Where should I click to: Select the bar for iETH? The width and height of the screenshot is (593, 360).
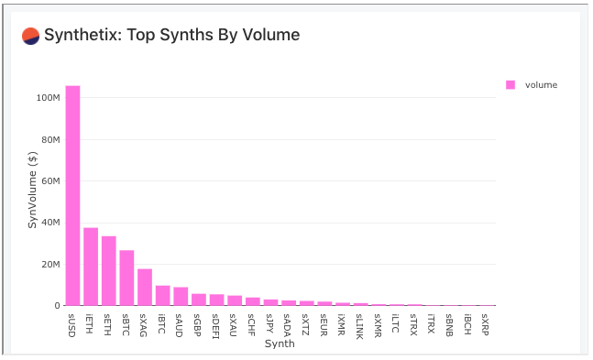91,267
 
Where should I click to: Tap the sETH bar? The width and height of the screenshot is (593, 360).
108,270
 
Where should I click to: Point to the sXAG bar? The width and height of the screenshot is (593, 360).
145,287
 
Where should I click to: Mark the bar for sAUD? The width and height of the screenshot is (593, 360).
181,296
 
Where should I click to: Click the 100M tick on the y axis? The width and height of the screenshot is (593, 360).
47,97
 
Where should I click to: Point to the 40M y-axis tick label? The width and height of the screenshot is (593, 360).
49,223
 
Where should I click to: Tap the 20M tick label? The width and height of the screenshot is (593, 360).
49,264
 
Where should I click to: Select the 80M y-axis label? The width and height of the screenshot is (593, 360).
49,139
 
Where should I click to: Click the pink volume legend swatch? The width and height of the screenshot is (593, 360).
511,84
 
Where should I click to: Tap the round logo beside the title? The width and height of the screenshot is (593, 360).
30,36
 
